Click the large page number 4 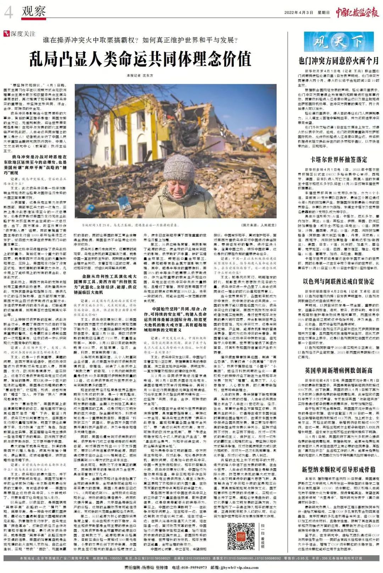pos(8,13)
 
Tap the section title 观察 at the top pos(34,11)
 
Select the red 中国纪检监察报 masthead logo pos(357,12)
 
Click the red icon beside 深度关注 pos(6,34)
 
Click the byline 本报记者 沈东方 pos(140,76)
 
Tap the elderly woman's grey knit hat pos(179,167)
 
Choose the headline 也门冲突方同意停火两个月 pos(339,61)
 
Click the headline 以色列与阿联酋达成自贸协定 pos(339,282)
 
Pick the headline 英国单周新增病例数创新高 pos(339,370)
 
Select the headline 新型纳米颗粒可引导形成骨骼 pos(339,469)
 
